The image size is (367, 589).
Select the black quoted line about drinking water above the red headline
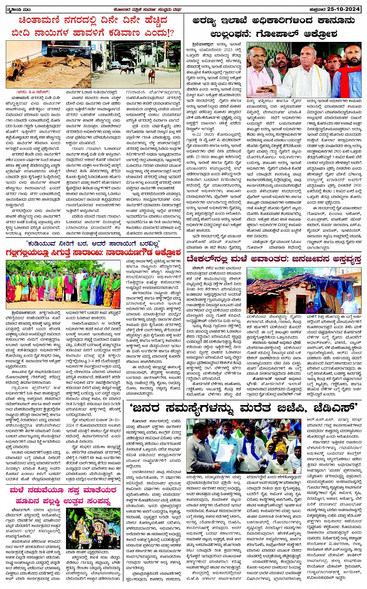tap(93, 243)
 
